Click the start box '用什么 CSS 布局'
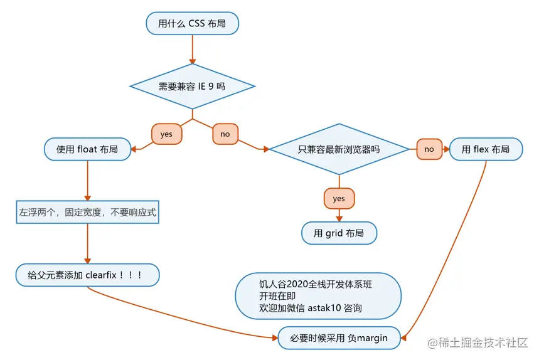pos(193,24)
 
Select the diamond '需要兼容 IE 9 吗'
pos(192,86)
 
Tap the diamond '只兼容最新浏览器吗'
pos(339,149)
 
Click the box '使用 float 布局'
pos(87,149)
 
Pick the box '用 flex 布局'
pos(486,149)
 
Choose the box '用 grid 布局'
pos(339,233)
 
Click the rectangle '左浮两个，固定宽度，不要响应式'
pos(87,213)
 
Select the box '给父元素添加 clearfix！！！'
pos(87,275)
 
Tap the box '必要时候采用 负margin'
pos(339,338)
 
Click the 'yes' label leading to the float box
pos(166,134)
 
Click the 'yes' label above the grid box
pos(339,198)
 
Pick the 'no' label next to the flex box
pos(429,149)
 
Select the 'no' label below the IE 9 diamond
pos(225,134)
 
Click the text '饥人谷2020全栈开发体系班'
pos(315,284)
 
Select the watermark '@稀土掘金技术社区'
pos(478,342)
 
